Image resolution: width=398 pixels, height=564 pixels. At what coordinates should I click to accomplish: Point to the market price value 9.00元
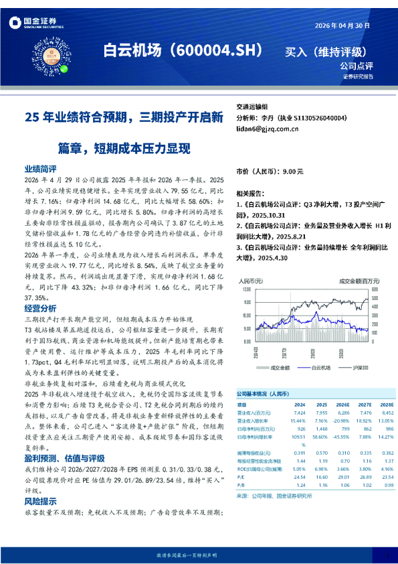click(293, 172)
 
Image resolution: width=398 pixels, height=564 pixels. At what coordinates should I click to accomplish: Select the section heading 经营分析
click(40, 308)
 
